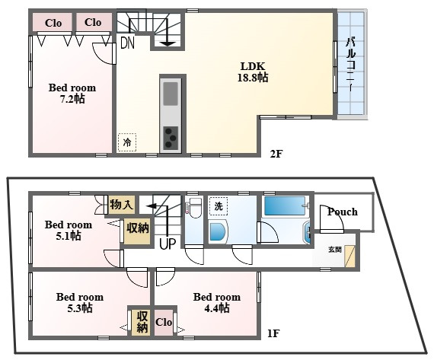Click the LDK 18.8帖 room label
pos(253,72)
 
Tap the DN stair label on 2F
pos(128,43)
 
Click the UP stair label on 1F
pos(168,244)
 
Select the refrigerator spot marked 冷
pos(127,142)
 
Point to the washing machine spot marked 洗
pos(219,206)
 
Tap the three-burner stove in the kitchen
pos(171,138)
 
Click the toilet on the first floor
pos(195,208)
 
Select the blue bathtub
pos(285,205)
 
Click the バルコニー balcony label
pos(351,65)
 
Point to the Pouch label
pos(343,212)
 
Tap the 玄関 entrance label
pos(334,250)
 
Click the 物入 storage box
pos(122,205)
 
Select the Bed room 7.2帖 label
pos(72,93)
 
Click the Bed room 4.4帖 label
pos(217,302)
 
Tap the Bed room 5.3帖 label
pos(80,302)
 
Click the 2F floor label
pos(276,154)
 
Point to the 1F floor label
pos(273,333)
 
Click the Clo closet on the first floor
pos(164,322)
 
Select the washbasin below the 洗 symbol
pos(218,232)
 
